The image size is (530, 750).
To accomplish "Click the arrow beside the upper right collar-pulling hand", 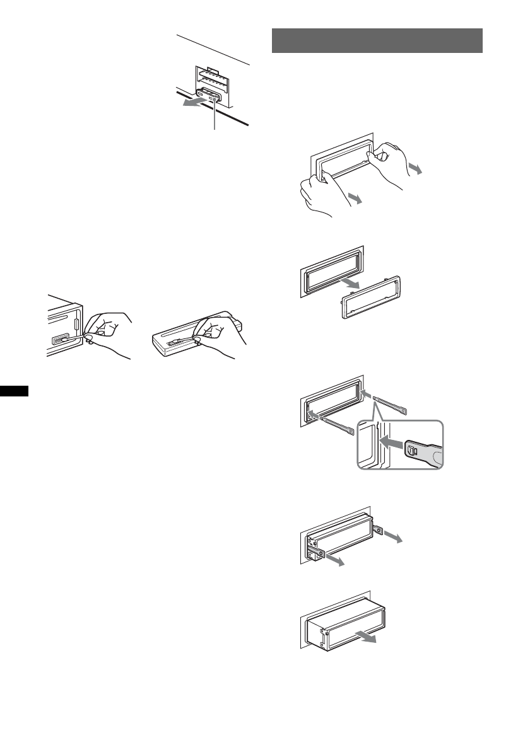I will (x=415, y=169).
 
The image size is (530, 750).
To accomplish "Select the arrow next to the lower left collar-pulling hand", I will (x=356, y=199).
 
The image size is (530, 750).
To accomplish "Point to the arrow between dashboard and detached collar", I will (x=349, y=285).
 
